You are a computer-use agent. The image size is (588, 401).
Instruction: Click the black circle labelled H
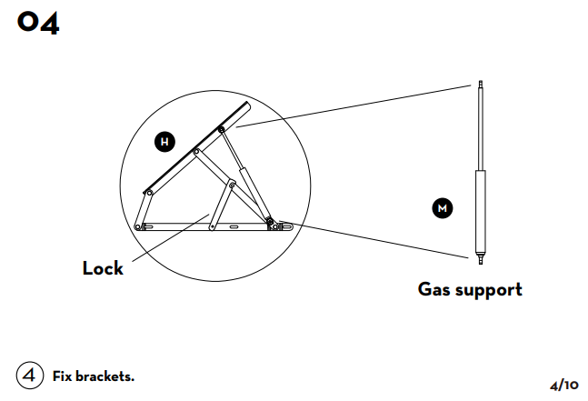click(164, 142)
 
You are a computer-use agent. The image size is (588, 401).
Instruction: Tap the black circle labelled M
click(442, 208)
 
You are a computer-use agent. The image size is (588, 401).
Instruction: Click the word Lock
click(103, 268)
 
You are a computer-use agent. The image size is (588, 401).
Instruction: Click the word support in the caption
click(490, 291)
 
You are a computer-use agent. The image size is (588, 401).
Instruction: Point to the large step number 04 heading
click(38, 24)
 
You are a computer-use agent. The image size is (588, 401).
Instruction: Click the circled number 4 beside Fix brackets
click(29, 375)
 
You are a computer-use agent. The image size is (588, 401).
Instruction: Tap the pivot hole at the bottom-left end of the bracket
click(138, 226)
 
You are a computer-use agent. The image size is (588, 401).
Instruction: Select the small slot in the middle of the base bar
click(234, 225)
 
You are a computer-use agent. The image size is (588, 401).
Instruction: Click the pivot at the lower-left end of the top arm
click(147, 193)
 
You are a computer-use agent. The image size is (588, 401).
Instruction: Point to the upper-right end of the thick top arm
click(245, 107)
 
